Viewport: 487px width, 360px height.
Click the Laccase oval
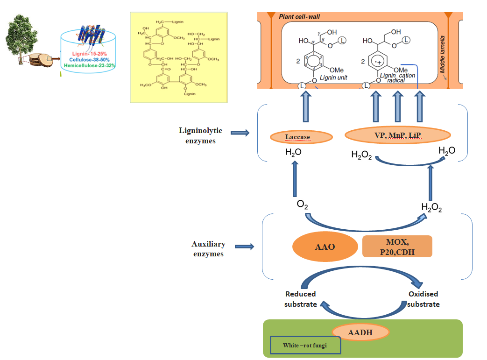(x=302, y=137)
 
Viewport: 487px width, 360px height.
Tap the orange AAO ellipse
(x=325, y=246)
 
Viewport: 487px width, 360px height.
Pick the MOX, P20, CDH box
(x=397, y=246)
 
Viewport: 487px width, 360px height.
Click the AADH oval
(x=360, y=332)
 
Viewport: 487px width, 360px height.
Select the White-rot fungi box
(x=305, y=346)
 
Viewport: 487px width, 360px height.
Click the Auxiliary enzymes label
(x=208, y=249)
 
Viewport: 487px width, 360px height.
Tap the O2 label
(x=302, y=205)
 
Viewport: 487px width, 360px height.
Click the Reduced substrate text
(x=301, y=299)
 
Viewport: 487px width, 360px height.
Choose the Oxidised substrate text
(x=423, y=299)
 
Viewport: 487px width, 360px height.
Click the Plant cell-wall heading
(x=299, y=17)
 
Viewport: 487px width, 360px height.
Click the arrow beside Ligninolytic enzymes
(x=240, y=133)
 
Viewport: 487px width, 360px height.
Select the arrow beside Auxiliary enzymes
(x=244, y=246)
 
